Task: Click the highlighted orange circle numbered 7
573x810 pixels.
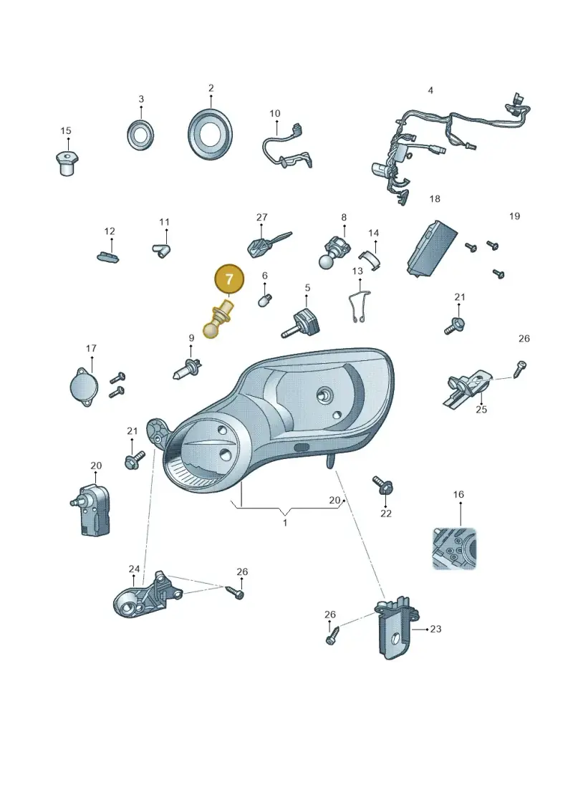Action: (x=229, y=279)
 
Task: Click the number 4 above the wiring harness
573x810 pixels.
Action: (x=430, y=90)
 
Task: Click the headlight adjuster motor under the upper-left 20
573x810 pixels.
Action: (x=90, y=508)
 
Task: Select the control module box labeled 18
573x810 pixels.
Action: (x=431, y=248)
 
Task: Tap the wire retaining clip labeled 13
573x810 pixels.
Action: (x=360, y=307)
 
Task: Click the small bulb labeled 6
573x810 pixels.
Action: (x=265, y=299)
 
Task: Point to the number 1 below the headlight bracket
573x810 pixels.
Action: (x=284, y=523)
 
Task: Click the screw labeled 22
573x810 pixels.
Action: (x=383, y=485)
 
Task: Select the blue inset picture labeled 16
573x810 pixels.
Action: (x=454, y=549)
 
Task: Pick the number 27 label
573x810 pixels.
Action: (x=262, y=218)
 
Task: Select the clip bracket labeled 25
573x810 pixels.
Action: (x=466, y=387)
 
